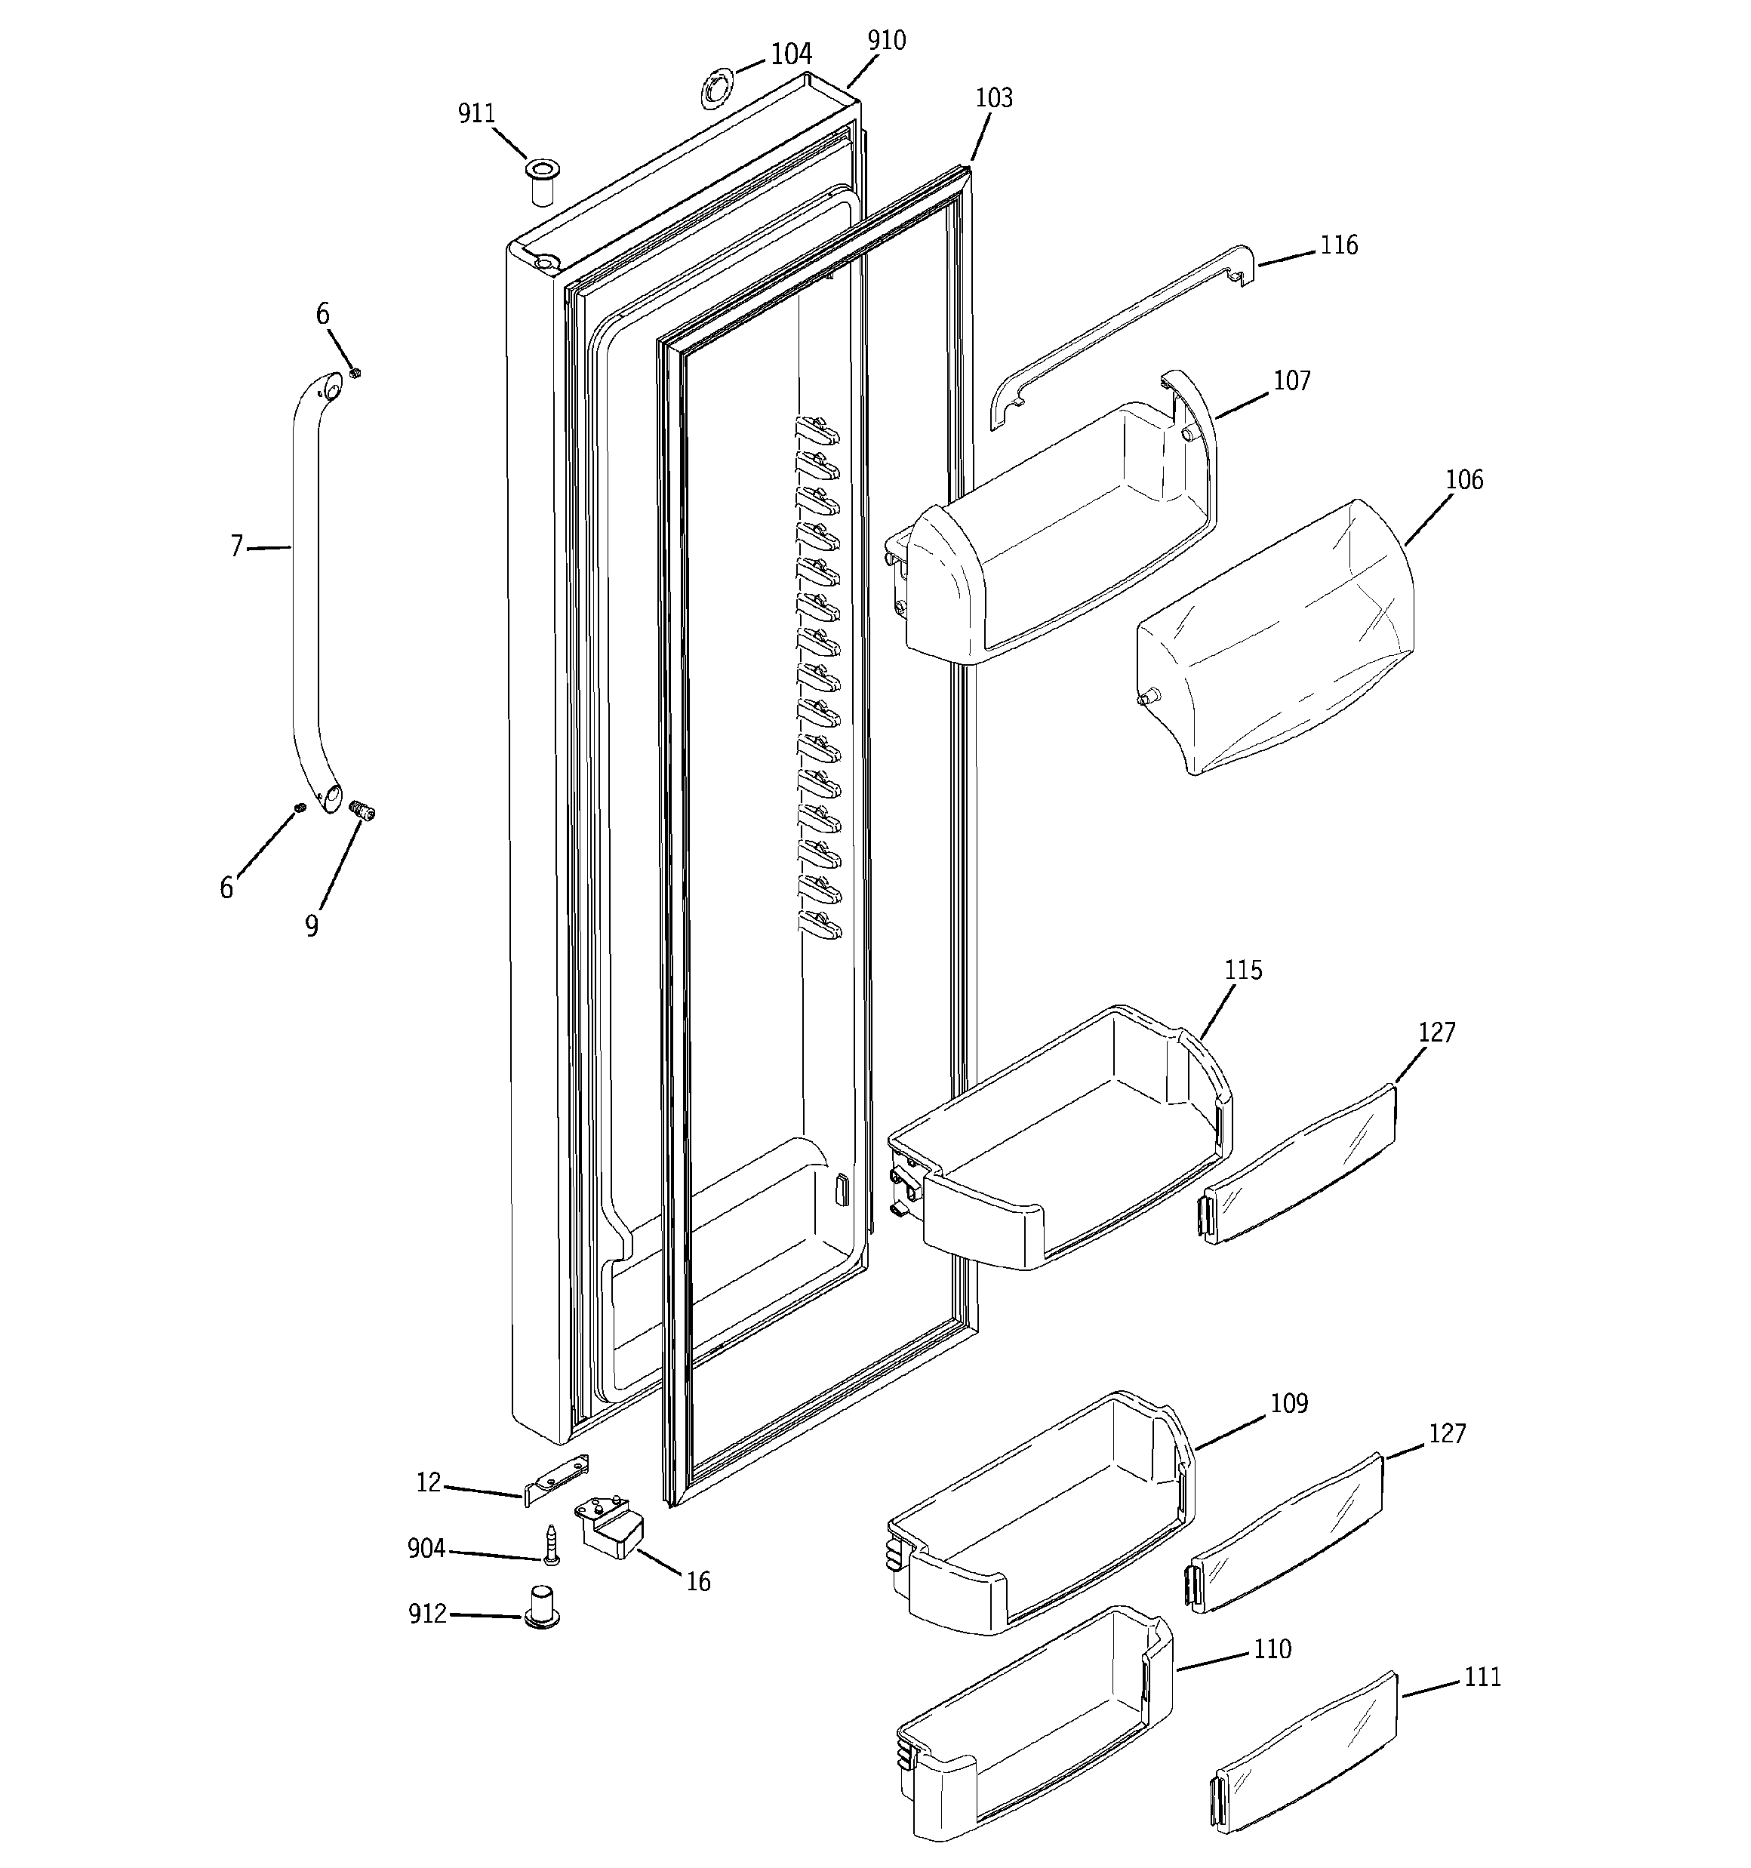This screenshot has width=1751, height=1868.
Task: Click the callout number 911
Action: click(475, 114)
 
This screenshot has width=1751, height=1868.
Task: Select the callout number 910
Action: click(886, 41)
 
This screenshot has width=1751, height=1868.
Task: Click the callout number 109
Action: click(1288, 1404)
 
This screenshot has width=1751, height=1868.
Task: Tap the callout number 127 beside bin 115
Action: click(1436, 1032)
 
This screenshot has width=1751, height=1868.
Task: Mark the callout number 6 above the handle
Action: click(322, 314)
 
